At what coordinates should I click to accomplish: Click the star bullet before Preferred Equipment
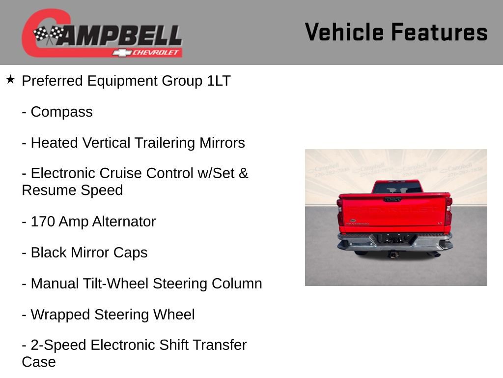tap(10, 79)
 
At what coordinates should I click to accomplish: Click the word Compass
tap(61, 112)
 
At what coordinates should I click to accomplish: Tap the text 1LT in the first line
tap(219, 81)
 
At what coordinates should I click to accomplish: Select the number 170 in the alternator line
tap(43, 222)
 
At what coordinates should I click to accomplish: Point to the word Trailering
tap(165, 143)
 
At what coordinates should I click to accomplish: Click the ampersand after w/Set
tap(244, 174)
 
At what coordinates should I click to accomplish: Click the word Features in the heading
tap(439, 32)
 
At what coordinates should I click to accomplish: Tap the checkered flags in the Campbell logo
tap(49, 34)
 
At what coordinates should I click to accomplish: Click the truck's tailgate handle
tap(392, 199)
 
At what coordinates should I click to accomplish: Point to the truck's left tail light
tap(340, 212)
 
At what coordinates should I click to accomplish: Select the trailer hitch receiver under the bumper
tap(394, 253)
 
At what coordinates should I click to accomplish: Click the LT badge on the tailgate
tap(440, 222)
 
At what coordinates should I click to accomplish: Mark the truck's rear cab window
tap(397, 188)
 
